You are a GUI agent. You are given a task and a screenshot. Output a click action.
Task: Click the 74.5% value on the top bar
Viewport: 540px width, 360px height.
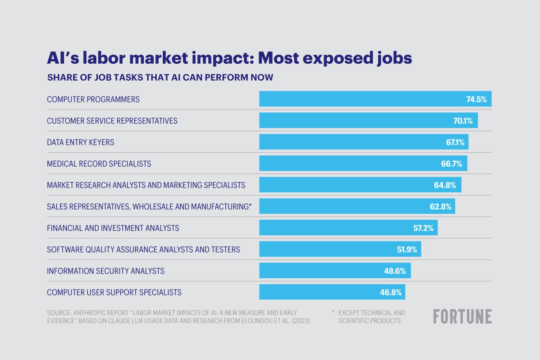(x=476, y=99)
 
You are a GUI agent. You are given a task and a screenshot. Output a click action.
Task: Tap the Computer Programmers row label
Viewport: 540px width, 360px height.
(x=93, y=99)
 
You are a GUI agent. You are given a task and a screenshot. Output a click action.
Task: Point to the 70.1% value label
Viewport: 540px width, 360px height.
(x=463, y=121)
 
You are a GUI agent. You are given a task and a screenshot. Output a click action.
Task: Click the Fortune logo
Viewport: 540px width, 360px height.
(x=462, y=317)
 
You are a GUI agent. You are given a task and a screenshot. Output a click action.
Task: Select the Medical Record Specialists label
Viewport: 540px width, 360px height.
(x=99, y=164)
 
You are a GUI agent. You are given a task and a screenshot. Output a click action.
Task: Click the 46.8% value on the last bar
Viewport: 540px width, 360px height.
(x=390, y=292)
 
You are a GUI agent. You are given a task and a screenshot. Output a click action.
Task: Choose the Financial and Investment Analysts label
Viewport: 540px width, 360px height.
(x=113, y=228)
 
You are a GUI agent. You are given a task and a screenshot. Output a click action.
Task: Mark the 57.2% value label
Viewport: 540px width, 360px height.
(x=423, y=228)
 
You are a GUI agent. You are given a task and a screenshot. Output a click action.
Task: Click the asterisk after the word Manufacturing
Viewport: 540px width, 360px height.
(x=250, y=205)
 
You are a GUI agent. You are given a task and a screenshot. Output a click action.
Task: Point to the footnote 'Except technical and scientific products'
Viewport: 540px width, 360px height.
(x=371, y=317)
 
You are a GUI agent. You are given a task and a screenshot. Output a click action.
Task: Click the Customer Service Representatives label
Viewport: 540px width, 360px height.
(x=112, y=121)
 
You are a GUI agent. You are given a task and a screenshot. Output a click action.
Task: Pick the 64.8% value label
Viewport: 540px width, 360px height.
(x=445, y=185)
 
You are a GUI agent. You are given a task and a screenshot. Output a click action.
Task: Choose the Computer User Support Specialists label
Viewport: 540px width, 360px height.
(x=114, y=292)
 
